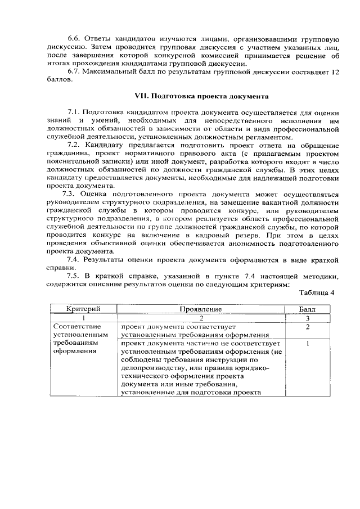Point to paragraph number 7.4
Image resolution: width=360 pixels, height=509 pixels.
pos(74,259)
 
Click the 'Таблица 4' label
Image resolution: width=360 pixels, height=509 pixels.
pos(317,292)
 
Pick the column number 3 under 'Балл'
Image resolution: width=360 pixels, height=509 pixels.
pos(308,318)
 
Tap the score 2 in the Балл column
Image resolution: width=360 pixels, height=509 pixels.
pos(308,327)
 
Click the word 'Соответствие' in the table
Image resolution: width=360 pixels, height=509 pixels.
pos(76,327)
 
